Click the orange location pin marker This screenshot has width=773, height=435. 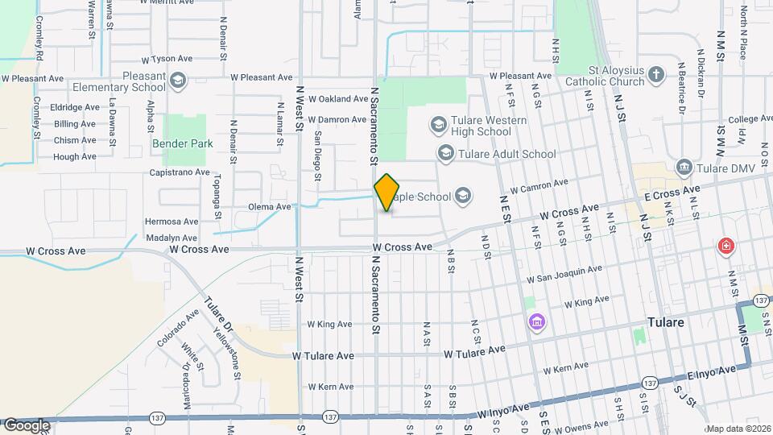point(387,193)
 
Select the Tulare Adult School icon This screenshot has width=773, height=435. point(445,153)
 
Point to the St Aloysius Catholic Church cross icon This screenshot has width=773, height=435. point(657,75)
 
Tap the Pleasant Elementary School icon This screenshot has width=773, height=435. point(177,80)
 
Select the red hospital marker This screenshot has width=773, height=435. point(727,246)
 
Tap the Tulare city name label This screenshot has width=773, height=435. point(666,322)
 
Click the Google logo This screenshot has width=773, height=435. point(27,425)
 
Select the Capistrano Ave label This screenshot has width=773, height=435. point(180,172)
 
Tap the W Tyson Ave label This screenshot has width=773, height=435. point(168,60)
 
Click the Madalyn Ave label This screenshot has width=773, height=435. point(172,238)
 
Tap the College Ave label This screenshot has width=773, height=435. point(750,119)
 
